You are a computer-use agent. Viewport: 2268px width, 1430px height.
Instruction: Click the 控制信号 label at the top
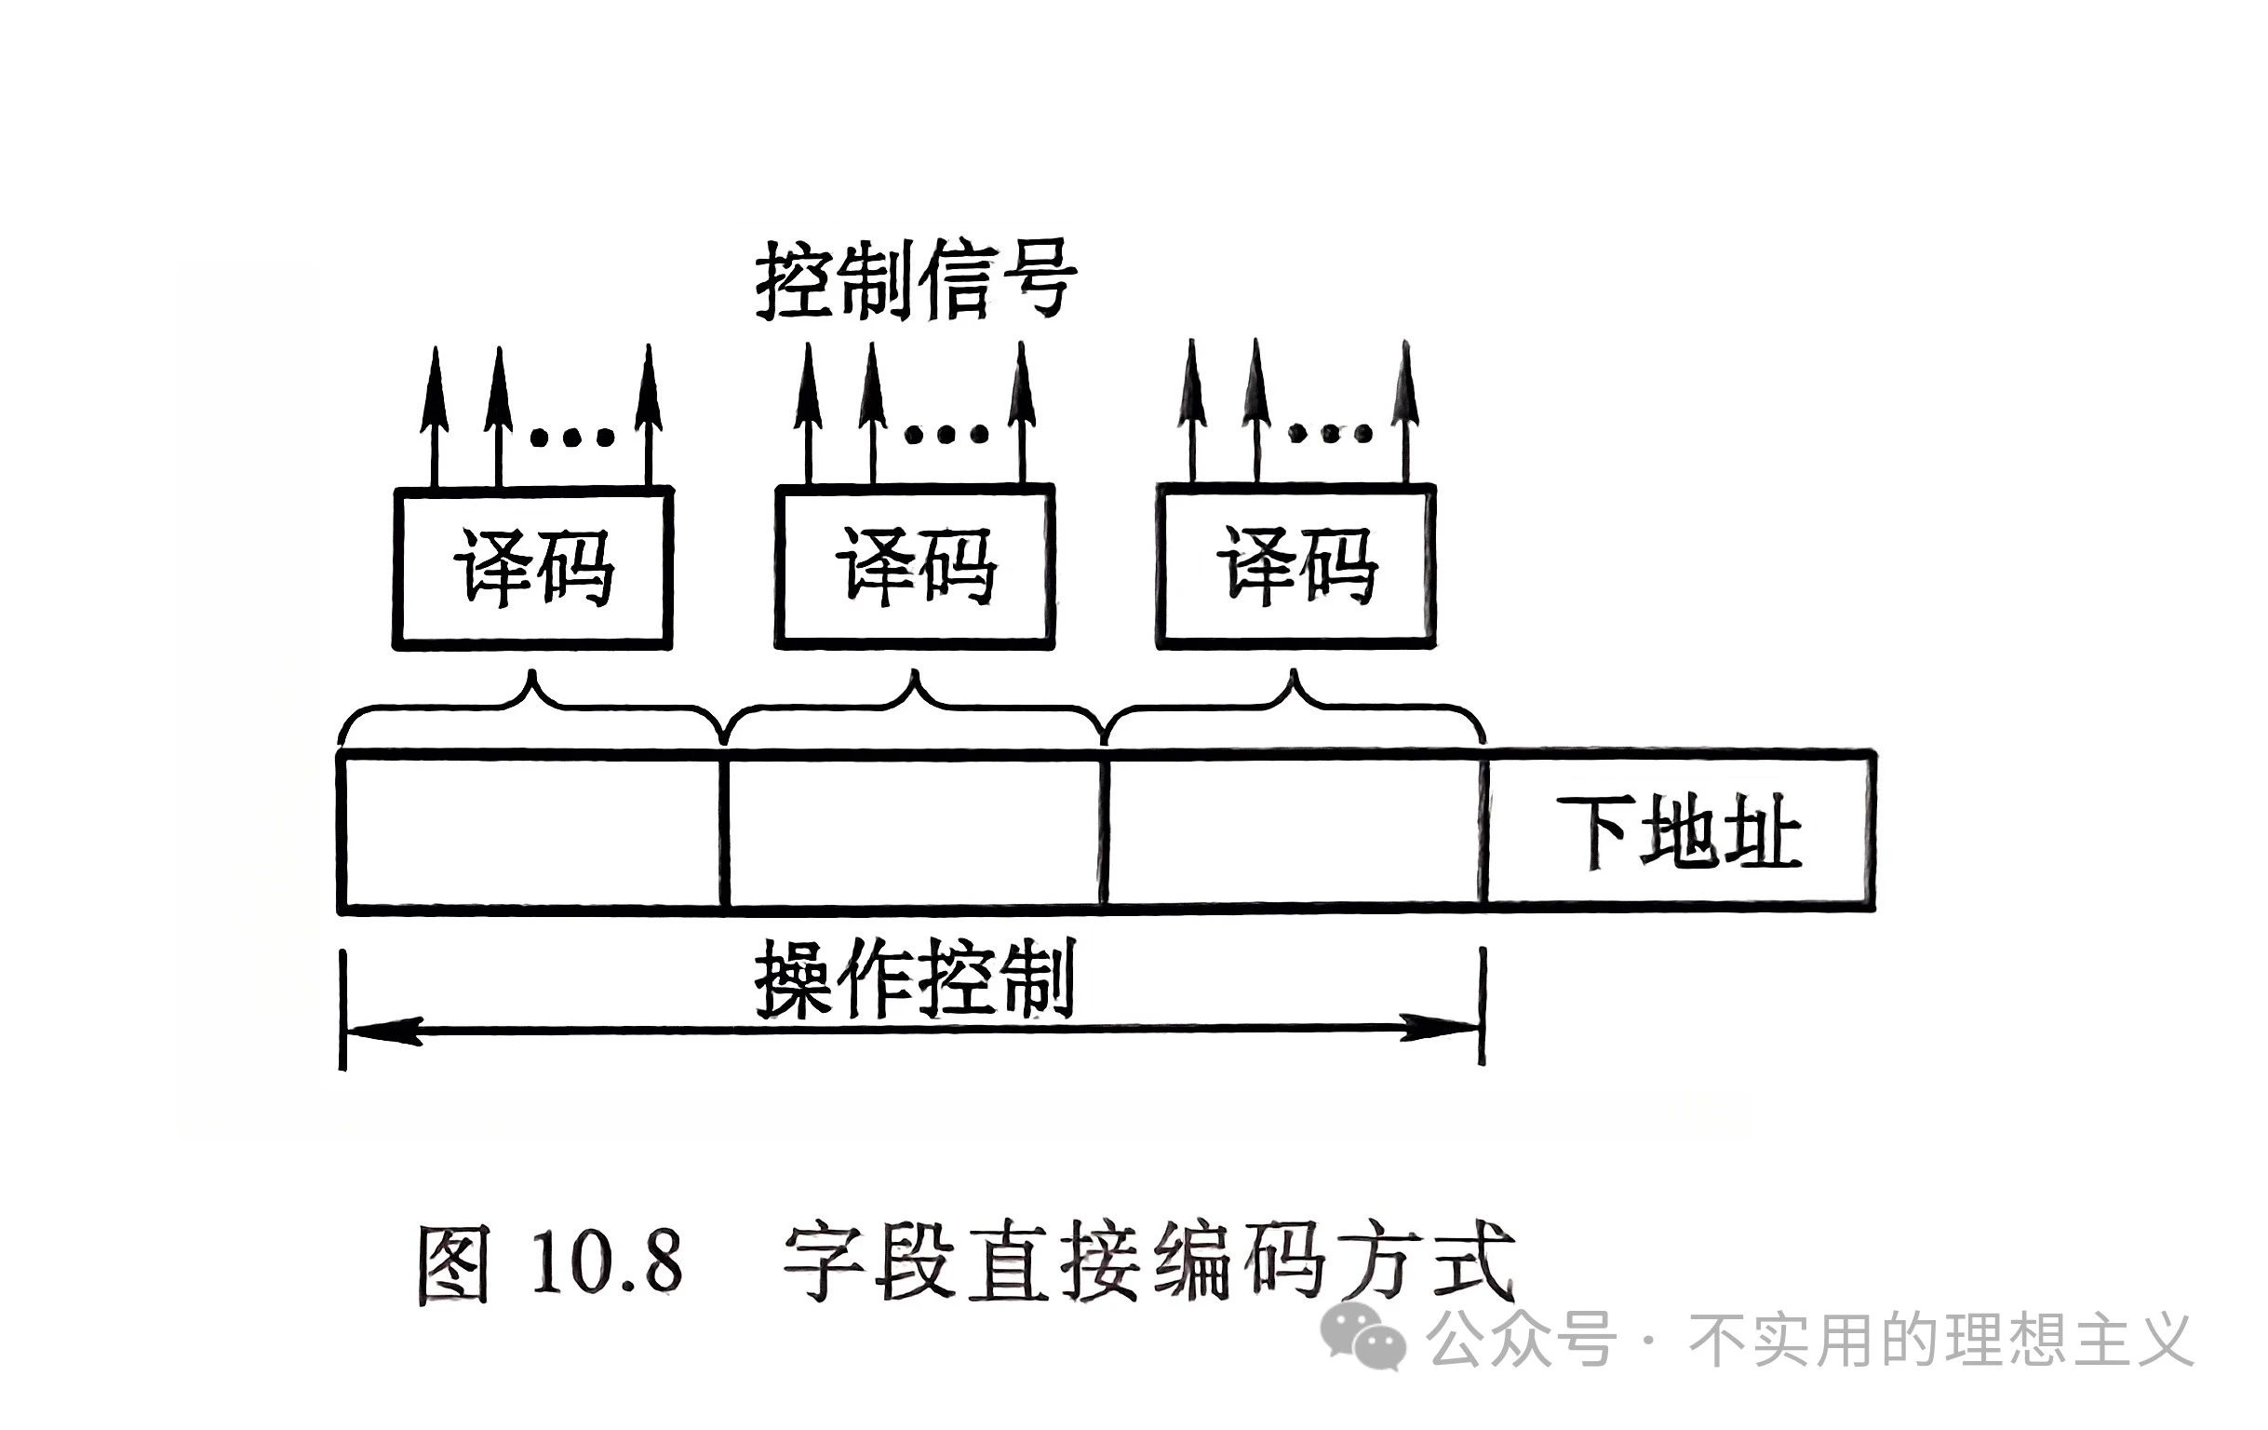[x=916, y=280]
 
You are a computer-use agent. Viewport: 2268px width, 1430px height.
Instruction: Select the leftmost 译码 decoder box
[x=533, y=567]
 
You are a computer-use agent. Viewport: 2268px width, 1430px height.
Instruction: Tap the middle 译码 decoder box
[x=915, y=567]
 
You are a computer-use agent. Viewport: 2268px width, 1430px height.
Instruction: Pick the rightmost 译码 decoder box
[x=1296, y=567]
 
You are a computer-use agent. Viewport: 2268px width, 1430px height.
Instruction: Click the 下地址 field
[x=1679, y=830]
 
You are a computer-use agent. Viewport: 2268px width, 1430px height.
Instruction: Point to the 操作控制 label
[x=916, y=979]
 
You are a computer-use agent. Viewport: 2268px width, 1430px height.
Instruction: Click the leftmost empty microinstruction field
[x=531, y=830]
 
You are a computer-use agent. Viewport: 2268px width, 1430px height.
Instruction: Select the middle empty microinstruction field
[x=915, y=830]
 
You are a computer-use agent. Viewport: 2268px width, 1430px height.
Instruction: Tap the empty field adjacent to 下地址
[x=1295, y=830]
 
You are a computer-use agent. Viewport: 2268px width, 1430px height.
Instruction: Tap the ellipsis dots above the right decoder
[x=1330, y=433]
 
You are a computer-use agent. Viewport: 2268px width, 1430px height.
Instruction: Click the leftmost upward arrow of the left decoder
[x=435, y=414]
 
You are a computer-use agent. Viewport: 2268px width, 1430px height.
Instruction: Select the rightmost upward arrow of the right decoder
[x=1405, y=411]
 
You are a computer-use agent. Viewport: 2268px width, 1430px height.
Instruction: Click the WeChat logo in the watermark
[x=1364, y=1339]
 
